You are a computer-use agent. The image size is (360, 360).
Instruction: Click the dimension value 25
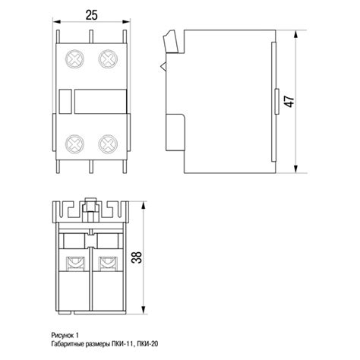(x=91, y=15)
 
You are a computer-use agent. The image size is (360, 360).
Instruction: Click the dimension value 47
(x=289, y=101)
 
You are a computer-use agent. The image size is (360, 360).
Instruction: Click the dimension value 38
(x=137, y=257)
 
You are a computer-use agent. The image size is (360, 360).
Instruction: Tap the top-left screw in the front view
(x=74, y=58)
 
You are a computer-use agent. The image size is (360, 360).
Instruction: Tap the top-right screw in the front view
(x=108, y=58)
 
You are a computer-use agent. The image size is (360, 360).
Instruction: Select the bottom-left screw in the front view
(x=74, y=144)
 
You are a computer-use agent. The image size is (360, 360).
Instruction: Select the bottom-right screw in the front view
(x=108, y=144)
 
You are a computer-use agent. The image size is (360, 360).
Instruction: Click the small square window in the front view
(x=65, y=101)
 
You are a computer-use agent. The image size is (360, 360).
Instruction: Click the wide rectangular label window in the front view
(x=100, y=101)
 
